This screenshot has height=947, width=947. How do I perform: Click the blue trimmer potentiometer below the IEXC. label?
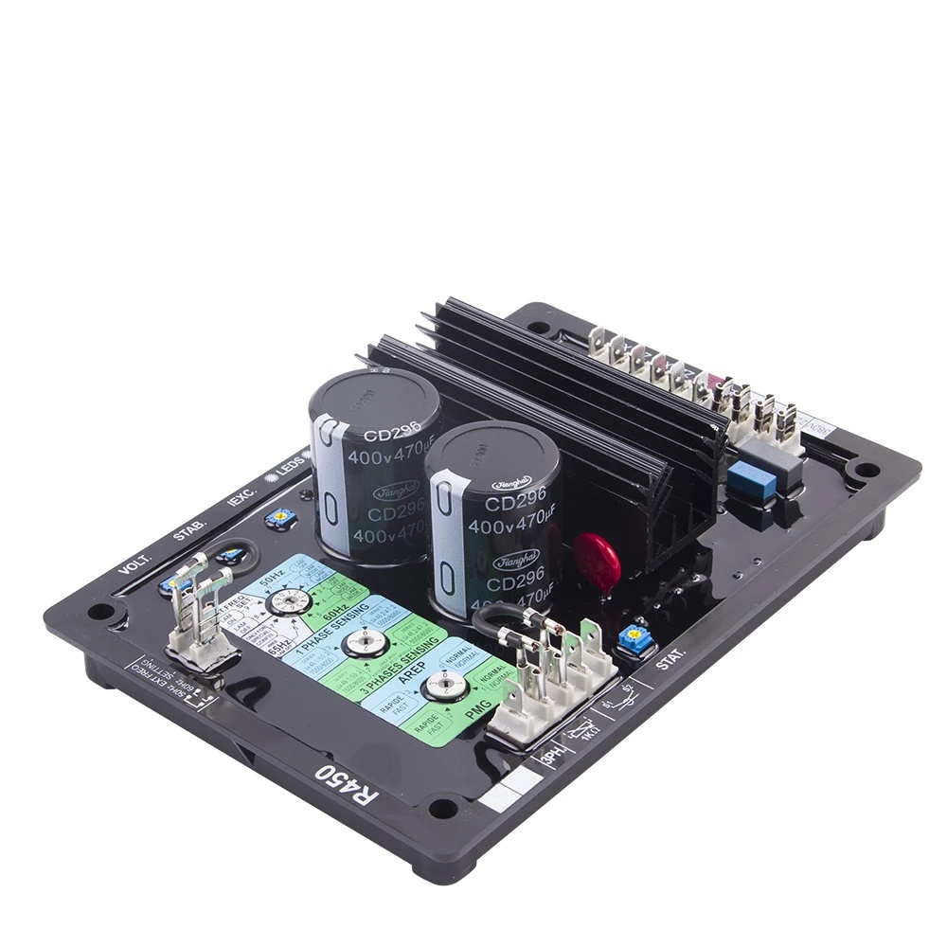279,517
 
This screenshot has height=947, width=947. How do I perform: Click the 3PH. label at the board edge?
555,759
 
